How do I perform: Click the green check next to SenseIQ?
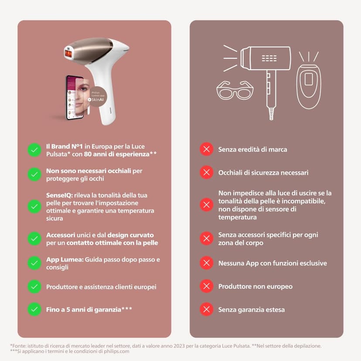[34, 206]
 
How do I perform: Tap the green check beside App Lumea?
[34, 263]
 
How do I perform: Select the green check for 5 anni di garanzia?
[34, 310]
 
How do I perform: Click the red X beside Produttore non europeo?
[206, 286]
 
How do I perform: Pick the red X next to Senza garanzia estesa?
[206, 310]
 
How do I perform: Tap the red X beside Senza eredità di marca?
[206, 150]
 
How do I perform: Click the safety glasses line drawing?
[235, 90]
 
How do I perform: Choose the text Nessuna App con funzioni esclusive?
[272, 263]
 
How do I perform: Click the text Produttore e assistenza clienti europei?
[101, 287]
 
